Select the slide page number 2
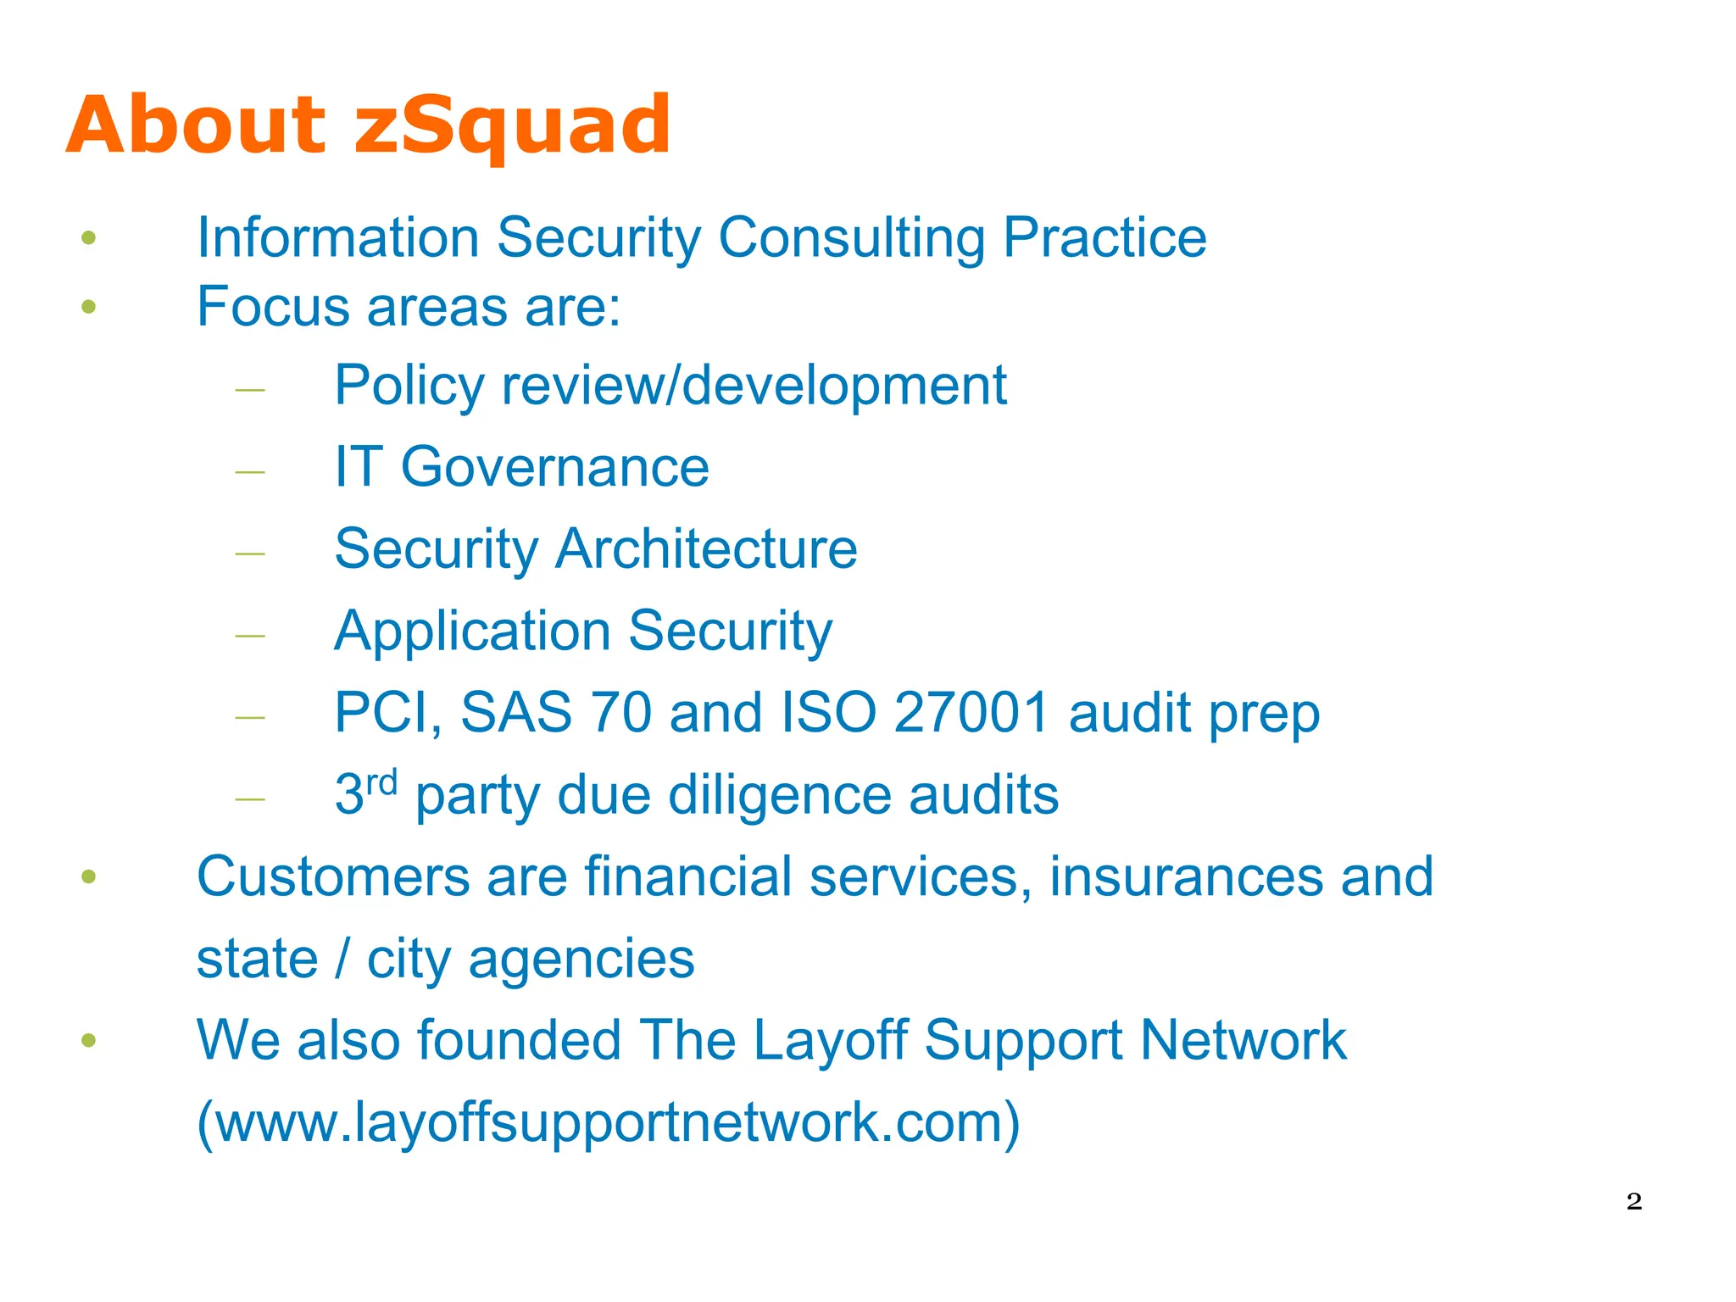(x=1634, y=1201)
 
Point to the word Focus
(x=273, y=306)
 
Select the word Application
(x=472, y=632)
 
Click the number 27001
(x=971, y=712)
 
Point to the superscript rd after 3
(x=381, y=782)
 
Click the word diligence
(x=779, y=795)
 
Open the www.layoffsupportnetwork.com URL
(x=608, y=1122)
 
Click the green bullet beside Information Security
(x=89, y=238)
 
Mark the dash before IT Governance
(x=250, y=471)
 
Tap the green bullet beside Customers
(x=89, y=876)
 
